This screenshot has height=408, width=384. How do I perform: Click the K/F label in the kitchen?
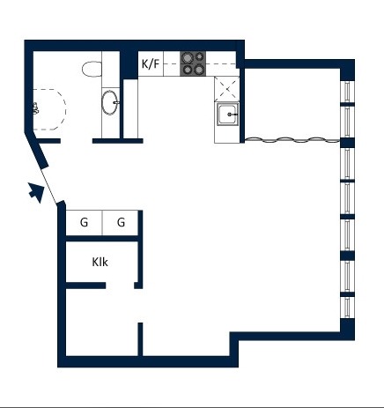(x=151, y=63)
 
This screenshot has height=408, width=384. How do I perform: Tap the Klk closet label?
(x=100, y=262)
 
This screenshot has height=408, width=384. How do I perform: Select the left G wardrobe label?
(x=84, y=222)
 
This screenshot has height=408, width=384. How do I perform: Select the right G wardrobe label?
(x=121, y=222)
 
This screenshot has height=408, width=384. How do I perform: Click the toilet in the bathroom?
(x=92, y=69)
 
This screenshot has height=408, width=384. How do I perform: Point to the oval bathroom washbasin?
(x=110, y=102)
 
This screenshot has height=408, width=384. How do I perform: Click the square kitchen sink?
(x=228, y=115)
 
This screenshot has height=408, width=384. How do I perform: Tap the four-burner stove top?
(x=193, y=63)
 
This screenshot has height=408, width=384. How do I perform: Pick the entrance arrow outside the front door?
(x=36, y=192)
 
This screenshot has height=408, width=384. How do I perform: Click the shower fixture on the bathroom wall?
(x=35, y=108)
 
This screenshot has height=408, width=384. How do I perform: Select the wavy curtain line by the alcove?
(x=292, y=140)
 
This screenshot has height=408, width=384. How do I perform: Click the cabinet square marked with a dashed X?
(x=226, y=89)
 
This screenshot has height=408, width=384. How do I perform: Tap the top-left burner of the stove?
(x=187, y=57)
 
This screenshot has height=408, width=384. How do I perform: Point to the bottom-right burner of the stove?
(x=199, y=70)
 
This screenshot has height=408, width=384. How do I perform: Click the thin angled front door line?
(x=48, y=186)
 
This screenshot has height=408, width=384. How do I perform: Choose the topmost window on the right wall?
(x=348, y=92)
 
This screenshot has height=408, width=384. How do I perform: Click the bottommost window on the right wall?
(x=348, y=308)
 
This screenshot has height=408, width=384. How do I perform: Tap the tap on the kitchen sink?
(x=233, y=115)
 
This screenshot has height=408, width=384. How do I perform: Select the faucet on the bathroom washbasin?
(x=116, y=102)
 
